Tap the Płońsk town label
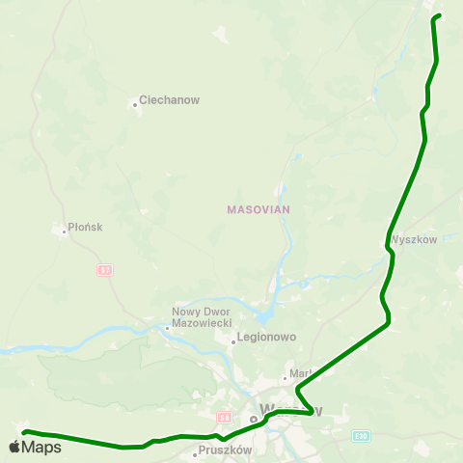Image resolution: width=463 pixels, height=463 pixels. (x=86, y=229)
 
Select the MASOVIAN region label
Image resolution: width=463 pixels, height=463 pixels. (x=259, y=208)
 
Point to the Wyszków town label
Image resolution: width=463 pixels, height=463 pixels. (x=415, y=239)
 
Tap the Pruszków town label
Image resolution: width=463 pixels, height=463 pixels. (x=226, y=450)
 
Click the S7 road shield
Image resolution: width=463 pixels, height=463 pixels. (x=104, y=270)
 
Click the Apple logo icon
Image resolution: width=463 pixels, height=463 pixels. (x=14, y=447)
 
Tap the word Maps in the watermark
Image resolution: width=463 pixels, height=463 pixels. (x=41, y=447)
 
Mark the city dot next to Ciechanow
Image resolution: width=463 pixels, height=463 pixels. (x=134, y=104)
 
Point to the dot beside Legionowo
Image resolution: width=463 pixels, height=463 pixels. (x=233, y=340)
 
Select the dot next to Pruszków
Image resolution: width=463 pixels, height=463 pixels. (x=196, y=452)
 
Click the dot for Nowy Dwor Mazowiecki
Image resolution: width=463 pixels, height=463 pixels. (x=167, y=327)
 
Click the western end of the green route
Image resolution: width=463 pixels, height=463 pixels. (x=25, y=432)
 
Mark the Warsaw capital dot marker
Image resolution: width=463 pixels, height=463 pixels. (x=254, y=420)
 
